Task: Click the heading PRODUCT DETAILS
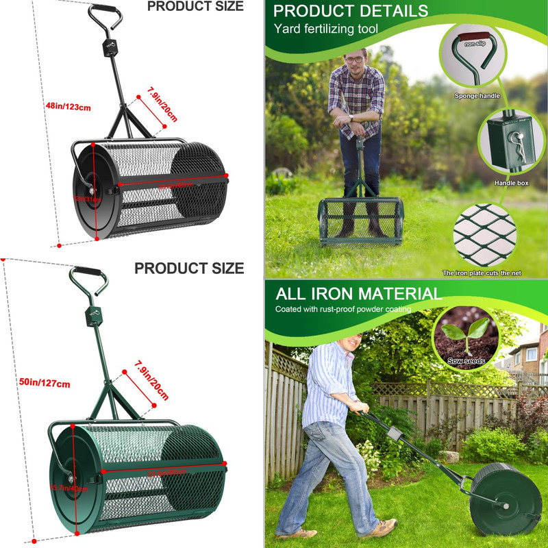click(x=351, y=11)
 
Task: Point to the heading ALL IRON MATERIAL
click(x=359, y=295)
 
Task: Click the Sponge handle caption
click(x=477, y=96)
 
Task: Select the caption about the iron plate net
click(x=482, y=273)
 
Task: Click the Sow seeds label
click(x=466, y=361)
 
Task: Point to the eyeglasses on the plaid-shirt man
click(x=355, y=60)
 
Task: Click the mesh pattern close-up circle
click(x=484, y=233)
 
